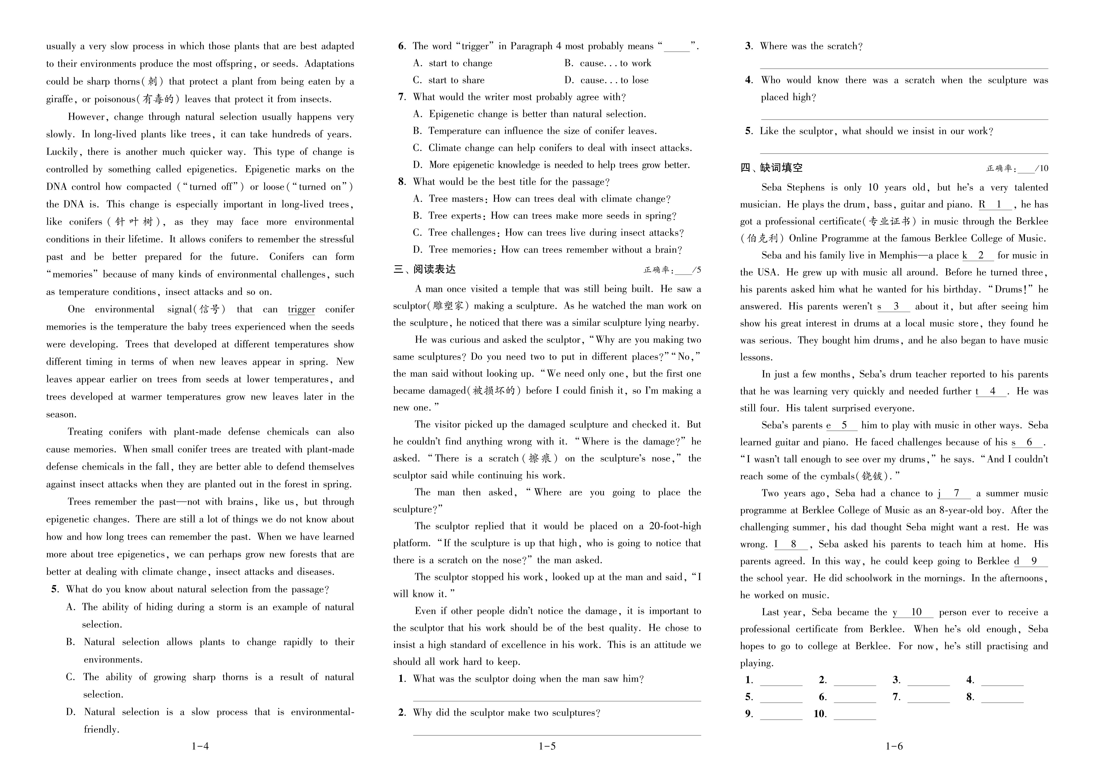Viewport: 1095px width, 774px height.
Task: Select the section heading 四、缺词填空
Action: coord(772,168)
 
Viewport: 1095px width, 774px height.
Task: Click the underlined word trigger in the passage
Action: coord(301,309)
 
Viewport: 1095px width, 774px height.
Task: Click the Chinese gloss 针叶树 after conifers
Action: coord(135,222)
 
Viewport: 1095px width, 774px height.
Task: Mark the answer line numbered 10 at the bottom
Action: coord(855,714)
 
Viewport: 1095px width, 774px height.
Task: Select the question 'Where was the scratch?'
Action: coord(811,46)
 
